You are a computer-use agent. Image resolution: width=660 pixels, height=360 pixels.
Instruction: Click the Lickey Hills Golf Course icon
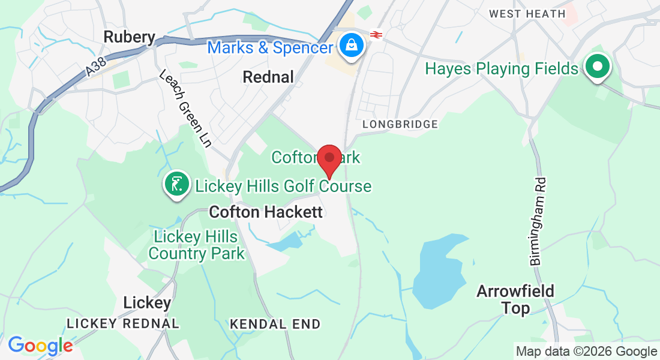[177, 184]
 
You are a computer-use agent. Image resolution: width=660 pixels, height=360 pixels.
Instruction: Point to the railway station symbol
[376, 35]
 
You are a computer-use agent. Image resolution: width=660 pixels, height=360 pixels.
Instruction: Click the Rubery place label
[129, 37]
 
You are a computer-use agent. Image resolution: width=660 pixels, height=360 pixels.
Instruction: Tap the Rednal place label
[268, 77]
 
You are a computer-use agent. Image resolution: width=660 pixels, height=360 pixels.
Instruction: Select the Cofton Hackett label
[266, 212]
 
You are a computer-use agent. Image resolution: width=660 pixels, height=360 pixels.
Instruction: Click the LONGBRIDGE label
[400, 124]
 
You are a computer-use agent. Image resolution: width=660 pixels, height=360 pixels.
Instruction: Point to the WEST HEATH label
[527, 13]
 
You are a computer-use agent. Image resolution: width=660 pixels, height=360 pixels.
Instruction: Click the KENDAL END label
[275, 324]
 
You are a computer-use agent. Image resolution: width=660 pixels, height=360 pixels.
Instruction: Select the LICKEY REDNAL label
[122, 323]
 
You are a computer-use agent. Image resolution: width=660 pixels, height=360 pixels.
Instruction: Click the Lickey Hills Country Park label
[196, 245]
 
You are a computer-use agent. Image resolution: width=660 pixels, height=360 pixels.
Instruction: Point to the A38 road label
[92, 67]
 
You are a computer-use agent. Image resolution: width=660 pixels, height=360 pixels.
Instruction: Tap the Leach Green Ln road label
[185, 108]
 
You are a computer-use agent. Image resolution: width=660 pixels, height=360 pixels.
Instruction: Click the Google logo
[40, 346]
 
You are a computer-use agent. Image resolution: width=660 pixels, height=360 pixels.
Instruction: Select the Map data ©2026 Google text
[586, 352]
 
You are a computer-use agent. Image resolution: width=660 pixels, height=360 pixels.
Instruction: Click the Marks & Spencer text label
[270, 47]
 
